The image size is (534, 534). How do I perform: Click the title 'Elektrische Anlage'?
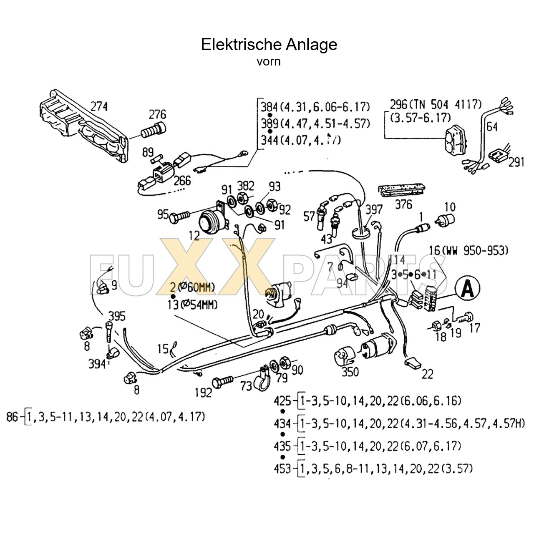pos(269,44)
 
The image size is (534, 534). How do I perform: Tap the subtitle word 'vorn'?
pos(269,62)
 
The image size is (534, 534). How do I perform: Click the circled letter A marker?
pos(467,288)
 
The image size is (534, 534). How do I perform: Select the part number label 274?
pos(99,107)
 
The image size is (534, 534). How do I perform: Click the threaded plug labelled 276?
pos(153,131)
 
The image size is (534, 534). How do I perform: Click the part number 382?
pos(246,186)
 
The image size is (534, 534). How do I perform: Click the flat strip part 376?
pos(401,191)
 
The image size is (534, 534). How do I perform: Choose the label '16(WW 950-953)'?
pos(468,251)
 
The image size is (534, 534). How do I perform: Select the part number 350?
pos(350,371)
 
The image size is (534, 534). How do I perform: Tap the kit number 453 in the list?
pos(282,469)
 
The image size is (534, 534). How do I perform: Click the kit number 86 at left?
pos(13,416)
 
